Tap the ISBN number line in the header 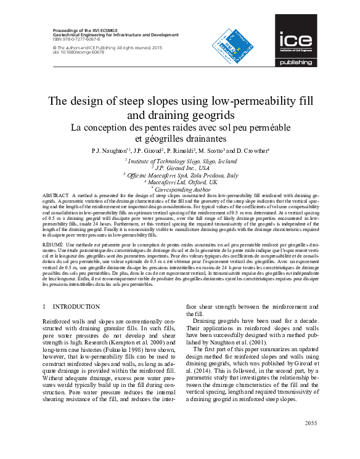72,39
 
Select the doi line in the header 70,52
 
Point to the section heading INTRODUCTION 76,306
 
